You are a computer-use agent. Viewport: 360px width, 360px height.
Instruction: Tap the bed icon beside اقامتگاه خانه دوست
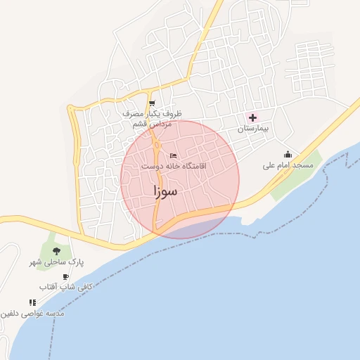click(x=173, y=155)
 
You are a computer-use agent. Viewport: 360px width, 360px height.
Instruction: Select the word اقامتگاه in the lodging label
click(x=182, y=167)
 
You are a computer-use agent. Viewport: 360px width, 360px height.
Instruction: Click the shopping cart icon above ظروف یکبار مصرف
click(x=152, y=103)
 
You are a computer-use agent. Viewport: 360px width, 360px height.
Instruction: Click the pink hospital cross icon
click(x=252, y=117)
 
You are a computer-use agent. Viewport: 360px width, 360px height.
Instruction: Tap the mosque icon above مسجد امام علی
click(x=287, y=155)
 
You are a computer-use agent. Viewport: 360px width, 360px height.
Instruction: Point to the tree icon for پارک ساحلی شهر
click(x=56, y=251)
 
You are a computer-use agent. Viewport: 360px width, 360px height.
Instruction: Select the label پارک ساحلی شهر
click(x=56, y=262)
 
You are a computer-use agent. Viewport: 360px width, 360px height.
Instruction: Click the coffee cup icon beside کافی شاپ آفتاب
click(x=66, y=276)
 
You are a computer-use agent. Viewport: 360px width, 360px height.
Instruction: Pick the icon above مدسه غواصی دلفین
click(x=32, y=302)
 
